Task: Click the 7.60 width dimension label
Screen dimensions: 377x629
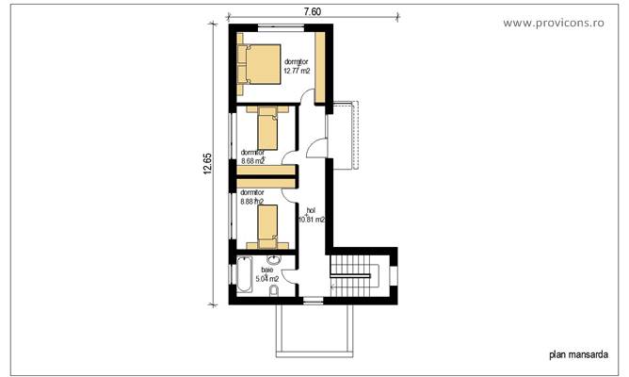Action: [x=313, y=11]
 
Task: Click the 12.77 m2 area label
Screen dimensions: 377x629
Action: [x=297, y=70]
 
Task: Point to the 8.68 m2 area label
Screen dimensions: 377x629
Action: [x=252, y=160]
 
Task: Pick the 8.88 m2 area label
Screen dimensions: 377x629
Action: [x=252, y=201]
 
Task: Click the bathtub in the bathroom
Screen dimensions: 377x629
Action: [x=244, y=274]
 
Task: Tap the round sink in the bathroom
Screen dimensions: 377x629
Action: [x=275, y=261]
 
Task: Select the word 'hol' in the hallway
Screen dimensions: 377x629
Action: [x=311, y=210]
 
